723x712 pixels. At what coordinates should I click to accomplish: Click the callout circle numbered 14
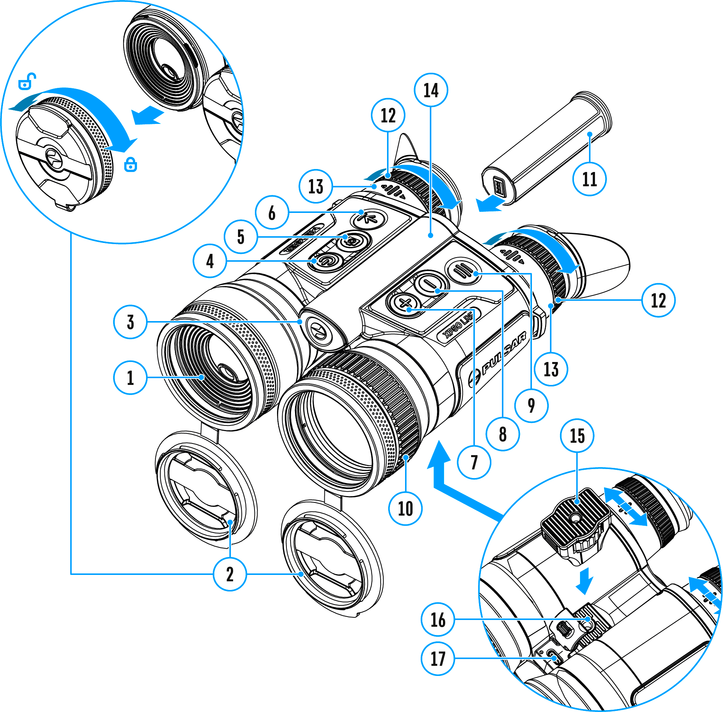tap(431, 90)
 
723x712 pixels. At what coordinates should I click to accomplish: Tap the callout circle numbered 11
tap(589, 179)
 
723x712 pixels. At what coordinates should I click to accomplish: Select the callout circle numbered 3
tap(130, 322)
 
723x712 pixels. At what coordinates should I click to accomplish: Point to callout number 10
tap(405, 508)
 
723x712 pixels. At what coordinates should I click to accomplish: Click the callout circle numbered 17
tap(438, 659)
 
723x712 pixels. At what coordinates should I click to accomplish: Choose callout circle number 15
tap(577, 436)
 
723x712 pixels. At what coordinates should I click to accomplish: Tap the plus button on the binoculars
tap(404, 303)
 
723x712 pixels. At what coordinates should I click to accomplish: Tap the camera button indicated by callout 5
tap(352, 241)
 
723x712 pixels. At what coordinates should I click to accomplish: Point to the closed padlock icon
tap(131, 164)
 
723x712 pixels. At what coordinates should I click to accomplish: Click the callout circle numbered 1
tap(130, 377)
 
